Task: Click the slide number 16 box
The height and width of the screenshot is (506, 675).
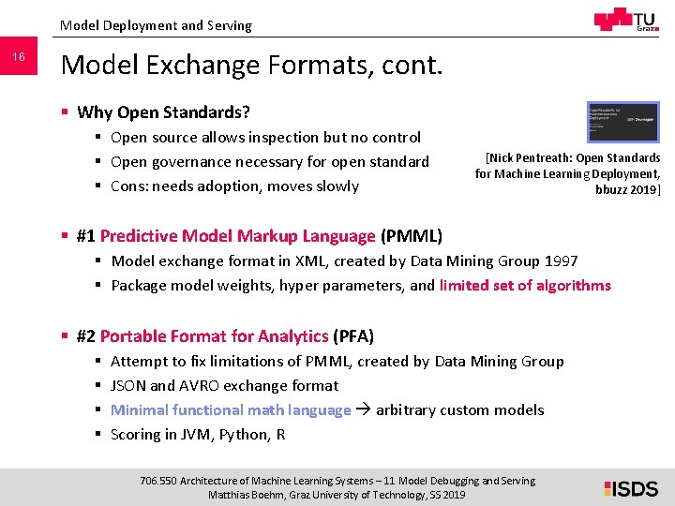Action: (x=18, y=58)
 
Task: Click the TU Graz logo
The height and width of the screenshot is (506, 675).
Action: (x=625, y=21)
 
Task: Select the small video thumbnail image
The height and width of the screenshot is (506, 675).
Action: (x=622, y=122)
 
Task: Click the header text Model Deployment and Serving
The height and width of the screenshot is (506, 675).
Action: (x=156, y=25)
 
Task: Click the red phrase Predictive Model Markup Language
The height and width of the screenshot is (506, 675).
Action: (x=237, y=235)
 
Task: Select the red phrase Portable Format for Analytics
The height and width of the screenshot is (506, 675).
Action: (x=214, y=335)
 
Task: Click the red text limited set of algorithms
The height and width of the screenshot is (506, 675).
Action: (x=525, y=285)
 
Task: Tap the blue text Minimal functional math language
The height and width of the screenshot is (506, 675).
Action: (x=231, y=409)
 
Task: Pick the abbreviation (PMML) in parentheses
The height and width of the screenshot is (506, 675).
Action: (x=412, y=235)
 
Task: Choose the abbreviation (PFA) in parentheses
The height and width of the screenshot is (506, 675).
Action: (x=353, y=335)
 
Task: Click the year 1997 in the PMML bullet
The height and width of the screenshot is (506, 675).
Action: (x=561, y=260)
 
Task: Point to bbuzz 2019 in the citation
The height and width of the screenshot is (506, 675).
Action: (x=627, y=189)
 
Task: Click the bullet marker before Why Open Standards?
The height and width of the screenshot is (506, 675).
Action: (x=64, y=112)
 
